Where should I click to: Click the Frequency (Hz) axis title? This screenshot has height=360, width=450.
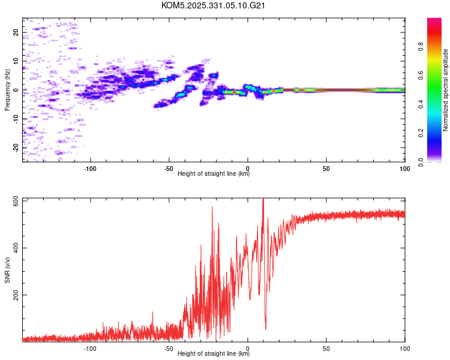[x=7, y=90]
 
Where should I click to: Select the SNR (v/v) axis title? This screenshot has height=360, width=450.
[x=7, y=270]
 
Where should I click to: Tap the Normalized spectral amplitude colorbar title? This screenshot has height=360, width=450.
[x=446, y=90]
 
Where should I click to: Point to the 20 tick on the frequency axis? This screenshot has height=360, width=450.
[x=16, y=32]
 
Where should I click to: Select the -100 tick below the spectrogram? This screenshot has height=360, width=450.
[x=91, y=169]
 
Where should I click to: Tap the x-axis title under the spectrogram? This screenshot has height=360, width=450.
[x=214, y=174]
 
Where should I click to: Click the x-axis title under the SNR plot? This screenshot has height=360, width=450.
[x=214, y=354]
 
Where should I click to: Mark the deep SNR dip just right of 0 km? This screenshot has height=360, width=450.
[x=265, y=328]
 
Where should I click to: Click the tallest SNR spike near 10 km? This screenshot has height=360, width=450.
[x=263, y=200]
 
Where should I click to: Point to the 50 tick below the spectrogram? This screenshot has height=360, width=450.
[x=326, y=169]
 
